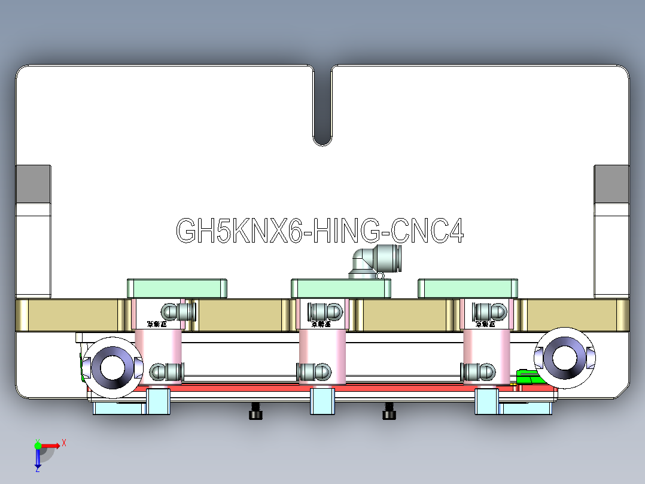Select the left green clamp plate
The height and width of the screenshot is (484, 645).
point(177,288)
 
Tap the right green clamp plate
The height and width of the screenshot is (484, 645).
point(467,288)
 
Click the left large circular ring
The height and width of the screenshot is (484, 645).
point(111,367)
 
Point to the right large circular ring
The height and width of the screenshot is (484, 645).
point(564,357)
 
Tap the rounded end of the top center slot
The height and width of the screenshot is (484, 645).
point(322,139)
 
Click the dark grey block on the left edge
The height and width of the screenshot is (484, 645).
point(33,184)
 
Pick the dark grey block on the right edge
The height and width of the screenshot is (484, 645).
point(611,184)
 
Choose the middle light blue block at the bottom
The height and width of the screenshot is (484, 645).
point(322,401)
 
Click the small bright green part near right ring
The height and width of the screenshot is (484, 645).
point(527,377)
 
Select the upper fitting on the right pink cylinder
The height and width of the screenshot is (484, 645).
point(489,311)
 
